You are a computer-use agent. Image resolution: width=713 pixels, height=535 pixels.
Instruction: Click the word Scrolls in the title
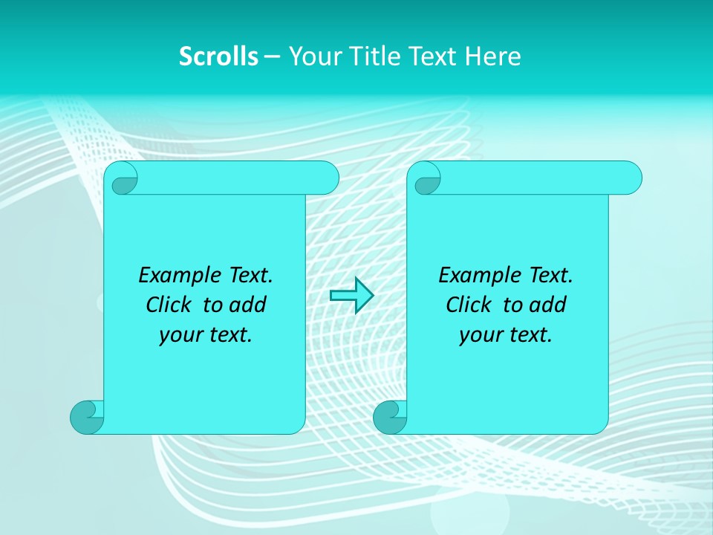pos(218,56)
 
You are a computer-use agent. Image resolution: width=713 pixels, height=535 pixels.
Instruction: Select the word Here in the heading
pos(493,56)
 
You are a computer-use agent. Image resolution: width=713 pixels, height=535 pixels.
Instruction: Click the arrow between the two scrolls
pos(351,296)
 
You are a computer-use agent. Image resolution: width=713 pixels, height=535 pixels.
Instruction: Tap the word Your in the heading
pos(313,56)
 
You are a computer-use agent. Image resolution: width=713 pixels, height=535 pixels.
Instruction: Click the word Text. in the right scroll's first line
pos(550,276)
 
